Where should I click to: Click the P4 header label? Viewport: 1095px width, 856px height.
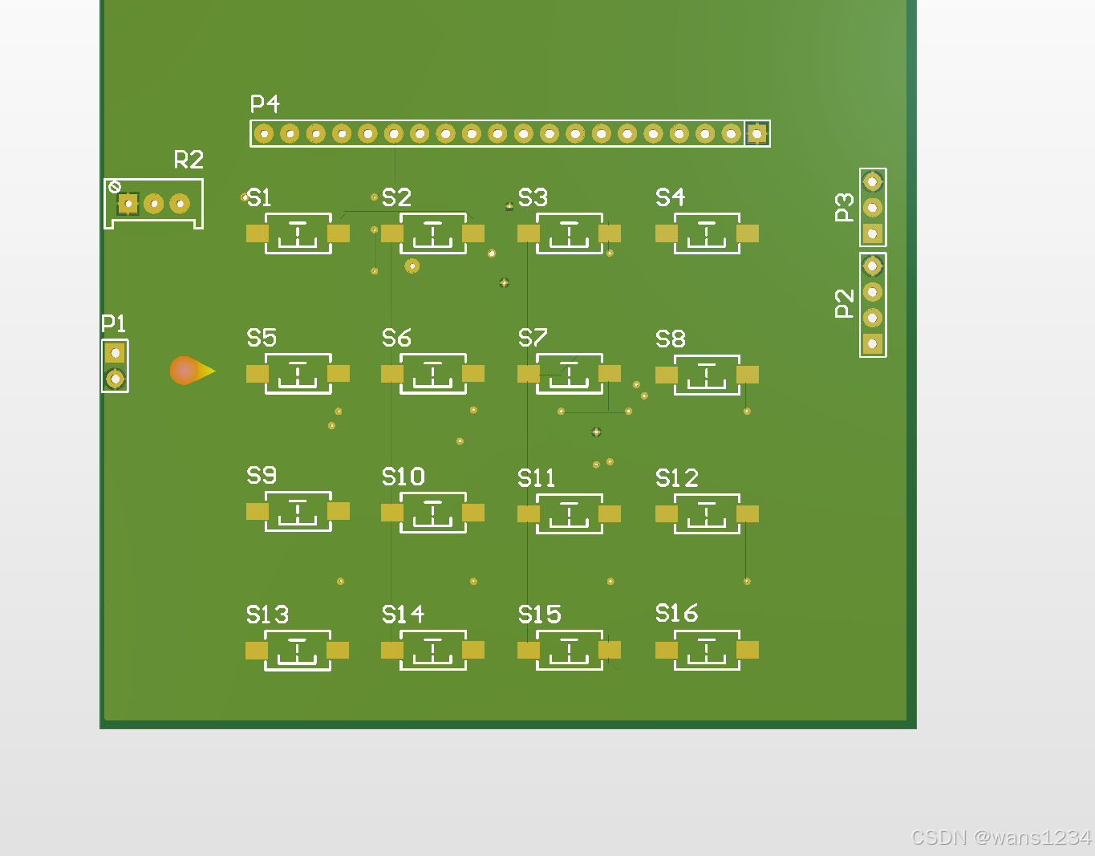point(265,104)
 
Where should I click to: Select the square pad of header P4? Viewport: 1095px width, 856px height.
point(756,133)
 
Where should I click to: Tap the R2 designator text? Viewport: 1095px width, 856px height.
point(189,160)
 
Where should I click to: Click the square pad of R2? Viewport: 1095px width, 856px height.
point(128,204)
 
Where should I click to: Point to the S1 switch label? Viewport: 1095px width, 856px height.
point(259,197)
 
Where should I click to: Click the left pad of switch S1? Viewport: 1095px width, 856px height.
point(257,233)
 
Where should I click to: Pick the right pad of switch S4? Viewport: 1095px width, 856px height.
point(748,233)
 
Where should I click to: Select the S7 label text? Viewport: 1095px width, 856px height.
point(533,338)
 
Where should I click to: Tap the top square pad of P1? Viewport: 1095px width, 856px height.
point(115,352)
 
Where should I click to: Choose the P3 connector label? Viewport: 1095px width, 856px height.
point(844,207)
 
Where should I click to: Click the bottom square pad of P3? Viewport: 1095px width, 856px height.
point(873,233)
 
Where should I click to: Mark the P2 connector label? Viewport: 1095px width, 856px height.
point(844,304)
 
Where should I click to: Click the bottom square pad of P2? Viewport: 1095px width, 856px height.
point(873,344)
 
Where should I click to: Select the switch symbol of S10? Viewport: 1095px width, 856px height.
point(433,513)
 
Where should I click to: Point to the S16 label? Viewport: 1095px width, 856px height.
point(676,614)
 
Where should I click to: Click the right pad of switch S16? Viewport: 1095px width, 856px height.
point(748,650)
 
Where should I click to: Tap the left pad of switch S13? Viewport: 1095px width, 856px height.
point(257,650)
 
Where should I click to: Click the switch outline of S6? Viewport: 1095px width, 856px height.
point(433,374)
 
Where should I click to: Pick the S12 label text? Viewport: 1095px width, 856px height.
point(676,478)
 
